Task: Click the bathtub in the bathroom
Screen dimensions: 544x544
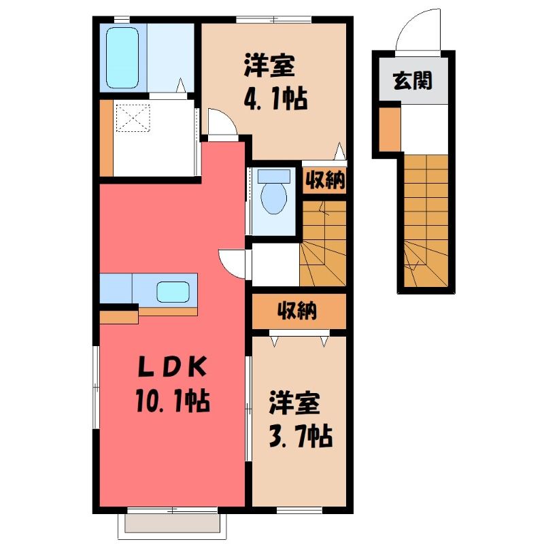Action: (x=122, y=58)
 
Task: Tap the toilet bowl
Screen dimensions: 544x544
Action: (x=274, y=199)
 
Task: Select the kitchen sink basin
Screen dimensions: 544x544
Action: (x=173, y=292)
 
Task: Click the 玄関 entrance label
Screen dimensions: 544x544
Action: (x=413, y=80)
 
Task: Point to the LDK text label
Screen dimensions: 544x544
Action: (x=173, y=367)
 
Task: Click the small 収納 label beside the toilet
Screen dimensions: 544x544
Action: (x=325, y=180)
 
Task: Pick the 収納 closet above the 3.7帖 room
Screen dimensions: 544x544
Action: (x=299, y=311)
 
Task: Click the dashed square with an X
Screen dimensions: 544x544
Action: (x=133, y=118)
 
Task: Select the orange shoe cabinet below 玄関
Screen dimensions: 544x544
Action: (x=390, y=129)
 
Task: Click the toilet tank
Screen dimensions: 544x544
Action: (x=274, y=176)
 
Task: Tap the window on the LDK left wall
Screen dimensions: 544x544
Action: (x=96, y=387)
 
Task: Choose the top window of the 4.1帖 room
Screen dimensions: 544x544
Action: (x=274, y=20)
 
